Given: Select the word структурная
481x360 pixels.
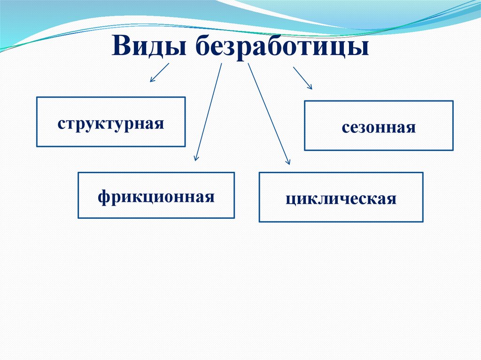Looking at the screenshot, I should [111, 124].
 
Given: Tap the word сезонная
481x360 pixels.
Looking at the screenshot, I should [379, 127].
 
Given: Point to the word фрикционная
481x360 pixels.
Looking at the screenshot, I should [156, 196].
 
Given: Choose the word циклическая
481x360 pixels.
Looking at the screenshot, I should [341, 199].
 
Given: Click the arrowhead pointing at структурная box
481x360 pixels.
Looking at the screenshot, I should [152, 80].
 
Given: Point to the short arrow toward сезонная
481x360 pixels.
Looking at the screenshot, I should [302, 77].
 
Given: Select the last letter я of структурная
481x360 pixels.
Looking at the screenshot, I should [159, 125].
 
